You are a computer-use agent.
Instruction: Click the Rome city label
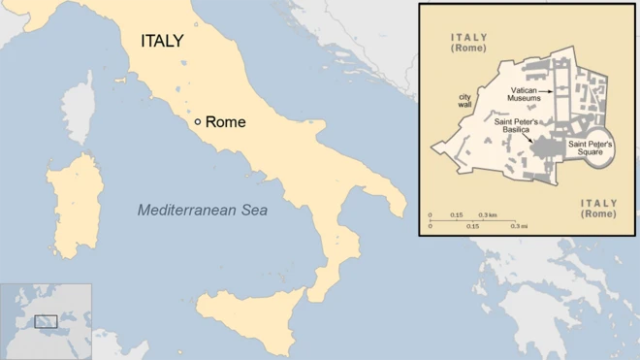(x=226, y=122)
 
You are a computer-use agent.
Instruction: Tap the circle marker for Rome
(x=198, y=122)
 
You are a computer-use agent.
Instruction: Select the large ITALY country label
(x=162, y=42)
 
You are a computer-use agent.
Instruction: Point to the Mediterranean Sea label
(x=202, y=209)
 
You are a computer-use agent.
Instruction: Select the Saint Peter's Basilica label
(x=523, y=126)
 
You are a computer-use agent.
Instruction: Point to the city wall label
(x=467, y=102)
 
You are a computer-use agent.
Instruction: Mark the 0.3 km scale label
(x=489, y=214)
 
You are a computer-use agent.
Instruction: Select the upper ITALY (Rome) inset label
(x=468, y=42)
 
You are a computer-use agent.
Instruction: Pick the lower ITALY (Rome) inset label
(x=597, y=208)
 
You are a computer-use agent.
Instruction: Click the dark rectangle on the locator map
(x=46, y=321)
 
